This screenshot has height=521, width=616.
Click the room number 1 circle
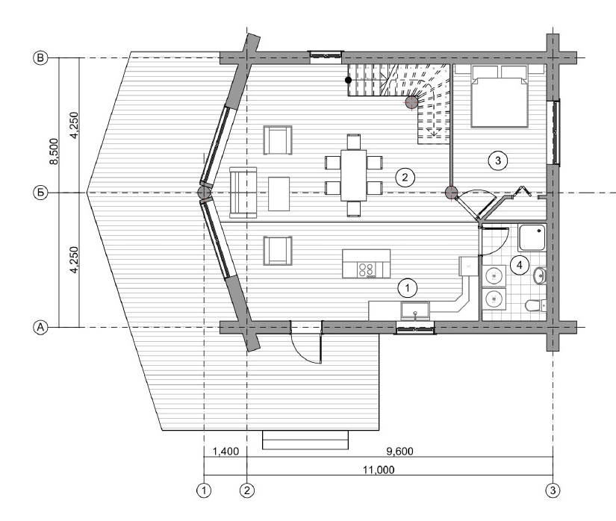408,288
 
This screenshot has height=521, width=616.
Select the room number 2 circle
405,177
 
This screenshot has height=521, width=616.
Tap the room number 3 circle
498,160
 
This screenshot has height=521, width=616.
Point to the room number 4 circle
520,266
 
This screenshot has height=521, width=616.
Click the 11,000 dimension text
379,469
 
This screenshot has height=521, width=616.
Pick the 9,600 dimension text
400,451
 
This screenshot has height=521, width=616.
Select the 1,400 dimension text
225,451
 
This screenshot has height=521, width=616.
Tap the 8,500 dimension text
55,152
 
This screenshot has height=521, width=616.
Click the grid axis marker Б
40,193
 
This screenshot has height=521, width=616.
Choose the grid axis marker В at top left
40,58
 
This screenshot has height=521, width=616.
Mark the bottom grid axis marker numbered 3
553,490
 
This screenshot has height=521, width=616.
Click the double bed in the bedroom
500,96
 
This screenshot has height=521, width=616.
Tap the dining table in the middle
354,175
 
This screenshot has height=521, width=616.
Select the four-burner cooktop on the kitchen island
366,269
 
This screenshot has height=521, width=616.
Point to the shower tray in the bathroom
532,237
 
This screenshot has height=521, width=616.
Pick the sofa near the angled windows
243,193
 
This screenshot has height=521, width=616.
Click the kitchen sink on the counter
415,311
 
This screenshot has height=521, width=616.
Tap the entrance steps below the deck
305,440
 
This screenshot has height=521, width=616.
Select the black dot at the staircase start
348,80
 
